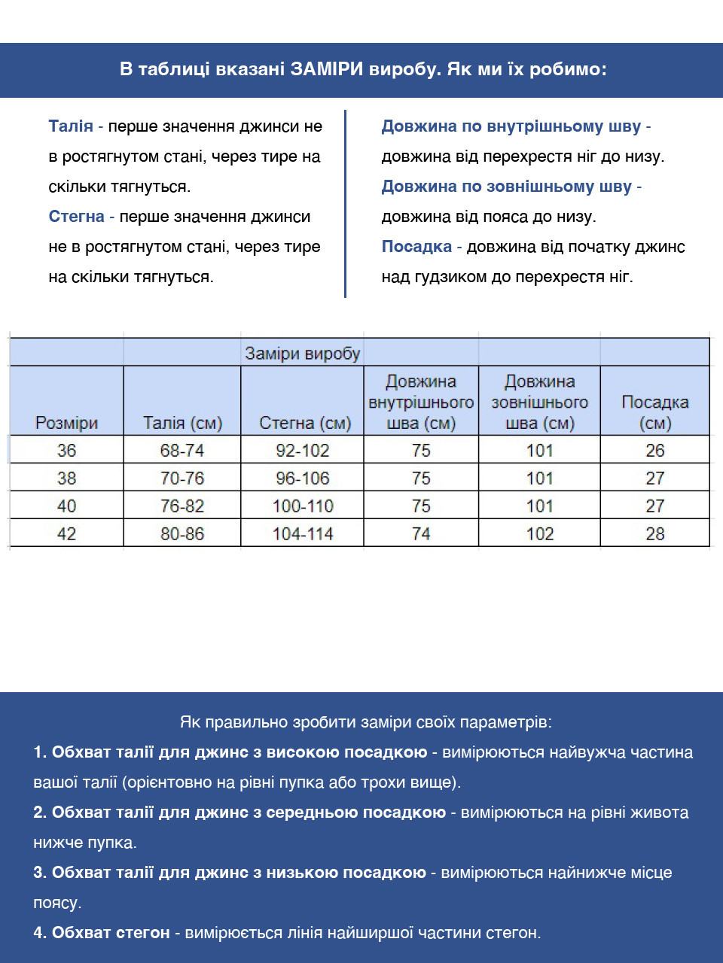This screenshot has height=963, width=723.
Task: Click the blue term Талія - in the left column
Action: [x=75, y=126]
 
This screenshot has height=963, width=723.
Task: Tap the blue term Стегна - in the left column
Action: [x=81, y=217]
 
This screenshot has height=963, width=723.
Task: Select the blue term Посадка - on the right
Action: [x=421, y=247]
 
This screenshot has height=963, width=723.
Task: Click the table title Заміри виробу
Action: [x=303, y=354]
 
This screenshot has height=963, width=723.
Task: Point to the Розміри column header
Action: [x=66, y=423]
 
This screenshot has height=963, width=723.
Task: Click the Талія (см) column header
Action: [x=182, y=423]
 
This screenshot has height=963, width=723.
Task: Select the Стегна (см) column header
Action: [x=305, y=423]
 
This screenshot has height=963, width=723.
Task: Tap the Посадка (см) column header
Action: [x=654, y=412]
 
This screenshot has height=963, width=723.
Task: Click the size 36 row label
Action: [x=66, y=451]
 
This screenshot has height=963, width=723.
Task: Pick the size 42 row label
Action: [x=66, y=534]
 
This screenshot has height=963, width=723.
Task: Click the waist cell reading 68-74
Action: [x=182, y=451]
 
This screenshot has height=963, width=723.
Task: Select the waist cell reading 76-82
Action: [x=182, y=506]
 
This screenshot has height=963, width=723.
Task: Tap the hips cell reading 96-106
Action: [x=303, y=478]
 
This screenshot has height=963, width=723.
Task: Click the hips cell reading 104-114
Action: [x=303, y=534]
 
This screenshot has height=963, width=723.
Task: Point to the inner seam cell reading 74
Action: [x=421, y=534]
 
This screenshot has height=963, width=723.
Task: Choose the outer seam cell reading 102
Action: [x=539, y=534]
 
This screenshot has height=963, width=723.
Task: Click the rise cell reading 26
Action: [x=654, y=451]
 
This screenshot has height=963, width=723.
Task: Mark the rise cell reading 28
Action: [x=654, y=534]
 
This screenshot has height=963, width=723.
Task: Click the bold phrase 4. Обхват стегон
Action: [x=102, y=933]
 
